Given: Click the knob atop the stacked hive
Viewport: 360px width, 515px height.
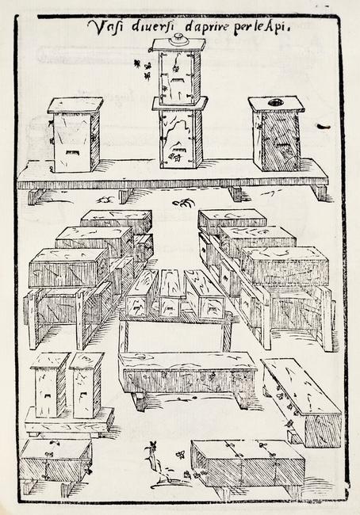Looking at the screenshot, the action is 178,38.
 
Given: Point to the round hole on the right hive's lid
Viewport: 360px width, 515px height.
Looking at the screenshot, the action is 275,103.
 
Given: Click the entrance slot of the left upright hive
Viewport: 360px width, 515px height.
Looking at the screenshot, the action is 73,153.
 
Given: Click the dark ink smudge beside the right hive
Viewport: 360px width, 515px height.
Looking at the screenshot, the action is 324,127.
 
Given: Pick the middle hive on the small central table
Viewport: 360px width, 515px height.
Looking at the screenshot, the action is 171,294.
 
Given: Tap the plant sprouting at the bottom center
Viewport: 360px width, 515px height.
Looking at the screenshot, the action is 155,460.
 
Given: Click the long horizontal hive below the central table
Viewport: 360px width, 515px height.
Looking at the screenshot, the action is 188,373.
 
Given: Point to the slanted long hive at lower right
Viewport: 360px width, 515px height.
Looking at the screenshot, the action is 302,402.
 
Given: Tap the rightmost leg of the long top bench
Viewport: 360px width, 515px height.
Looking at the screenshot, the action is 320,193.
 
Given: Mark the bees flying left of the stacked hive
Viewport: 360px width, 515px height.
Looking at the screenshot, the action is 143,70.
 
